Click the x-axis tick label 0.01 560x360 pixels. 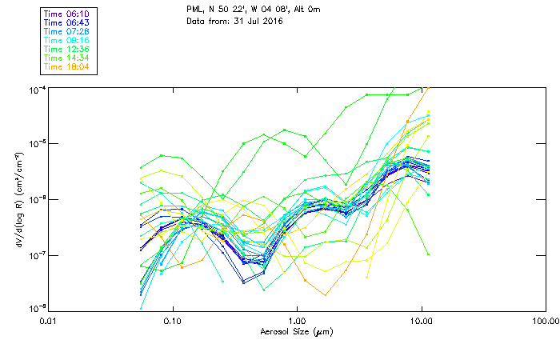[50, 322]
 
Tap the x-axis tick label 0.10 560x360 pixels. [173, 322]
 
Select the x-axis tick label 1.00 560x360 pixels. [297, 322]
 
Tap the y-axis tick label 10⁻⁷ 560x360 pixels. [37, 255]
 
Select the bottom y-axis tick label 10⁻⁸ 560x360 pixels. [37, 309]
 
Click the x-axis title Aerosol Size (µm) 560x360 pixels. [297, 331]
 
